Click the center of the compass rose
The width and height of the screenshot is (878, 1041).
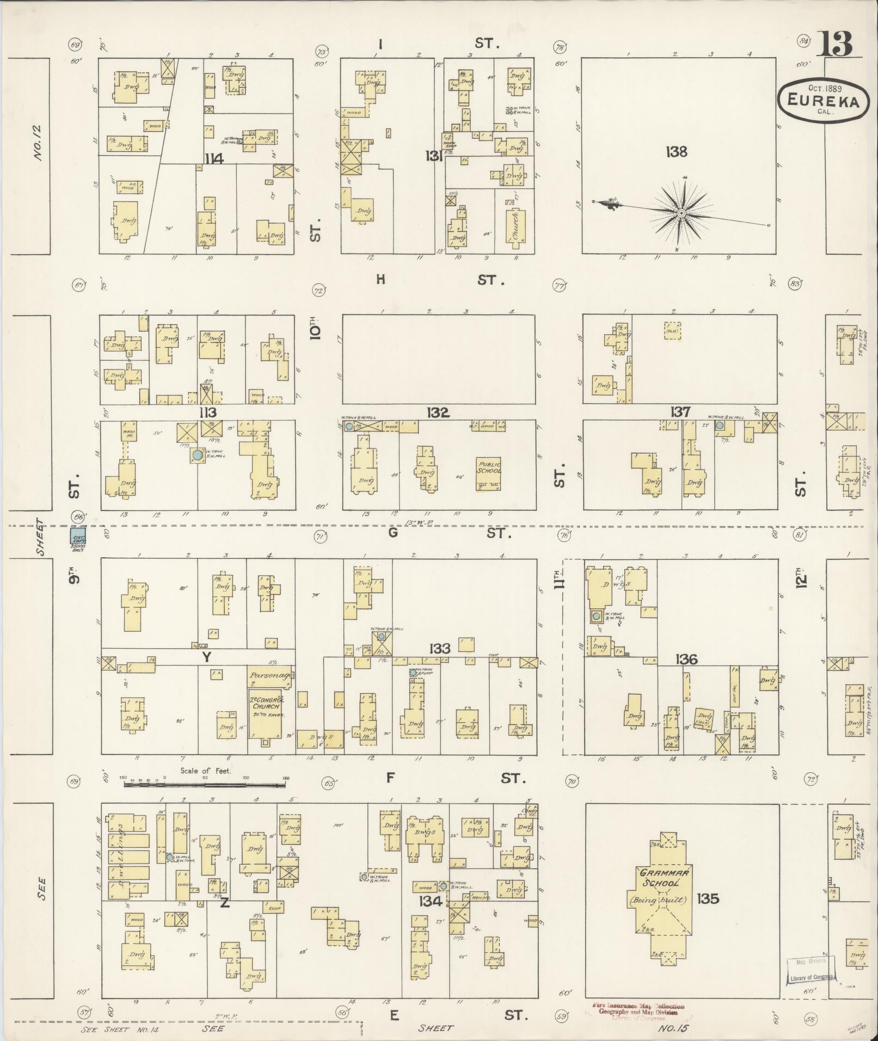pos(681,214)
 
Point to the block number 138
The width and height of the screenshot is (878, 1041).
pos(676,152)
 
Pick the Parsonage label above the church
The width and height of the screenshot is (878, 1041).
pos(271,675)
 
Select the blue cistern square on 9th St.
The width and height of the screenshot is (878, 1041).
pos(79,536)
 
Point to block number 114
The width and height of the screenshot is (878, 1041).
pos(215,159)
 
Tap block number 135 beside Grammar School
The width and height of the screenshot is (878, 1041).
pos(707,898)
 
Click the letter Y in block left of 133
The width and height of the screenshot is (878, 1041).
pos(206,657)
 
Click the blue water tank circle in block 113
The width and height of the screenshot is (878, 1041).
pos(197,453)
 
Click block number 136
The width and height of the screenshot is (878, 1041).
pos(686,660)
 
